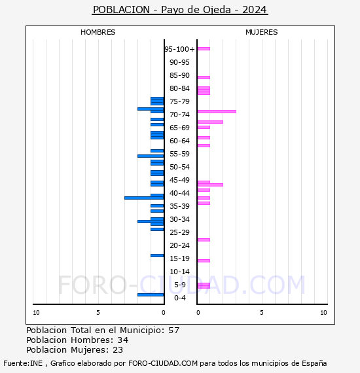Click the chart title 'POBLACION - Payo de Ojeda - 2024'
[x=180, y=10]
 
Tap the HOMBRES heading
[x=98, y=32]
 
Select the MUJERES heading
[x=262, y=32]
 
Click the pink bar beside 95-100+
[x=204, y=49]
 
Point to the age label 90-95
[x=179, y=62]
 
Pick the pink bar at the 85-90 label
[x=204, y=77]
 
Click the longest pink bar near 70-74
[x=217, y=111]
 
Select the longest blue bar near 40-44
[x=144, y=198]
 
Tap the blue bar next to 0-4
[x=151, y=295]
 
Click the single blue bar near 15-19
[x=157, y=256]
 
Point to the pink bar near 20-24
[x=204, y=240]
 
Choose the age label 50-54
[x=179, y=167]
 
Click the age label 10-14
[x=179, y=272]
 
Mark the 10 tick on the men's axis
[x=36, y=313]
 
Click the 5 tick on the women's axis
[x=262, y=313]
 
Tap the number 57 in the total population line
[x=173, y=330]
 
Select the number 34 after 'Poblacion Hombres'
[x=123, y=340]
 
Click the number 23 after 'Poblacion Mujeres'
[x=118, y=350]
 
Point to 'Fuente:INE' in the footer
[x=23, y=363]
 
